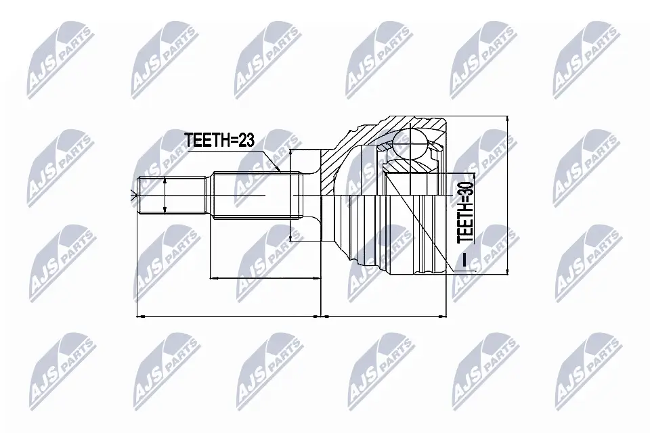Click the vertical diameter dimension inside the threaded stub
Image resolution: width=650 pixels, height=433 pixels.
[166, 197]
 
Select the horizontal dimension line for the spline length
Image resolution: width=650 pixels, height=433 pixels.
[265, 277]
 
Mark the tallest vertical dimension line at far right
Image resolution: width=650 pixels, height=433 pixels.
[508, 196]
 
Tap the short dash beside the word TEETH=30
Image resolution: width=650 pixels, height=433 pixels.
[466, 260]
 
